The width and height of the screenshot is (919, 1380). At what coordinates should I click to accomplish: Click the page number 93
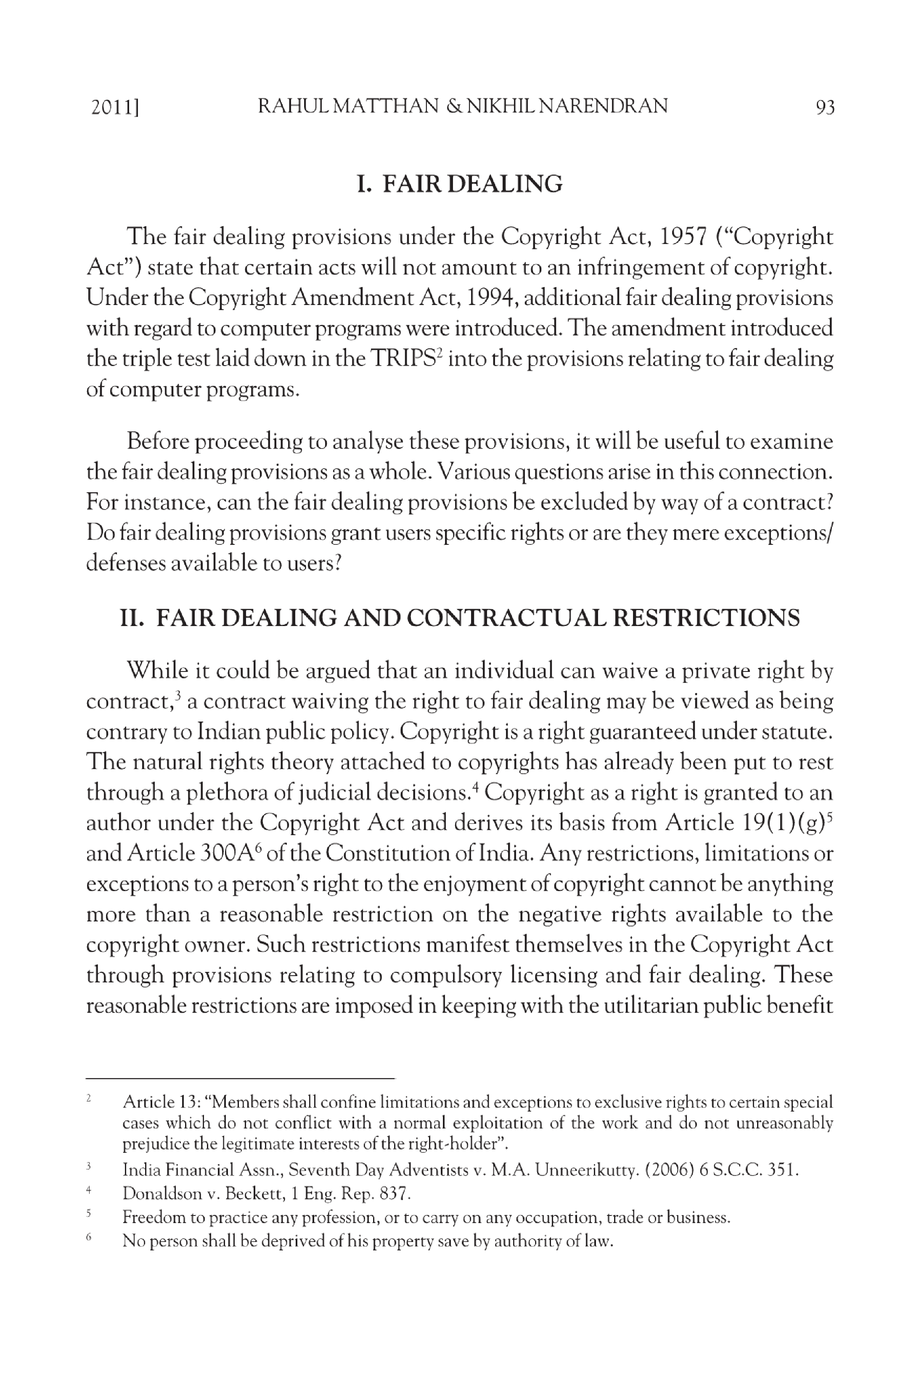click(825, 107)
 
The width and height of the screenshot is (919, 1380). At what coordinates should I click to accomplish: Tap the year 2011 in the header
click(113, 107)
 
